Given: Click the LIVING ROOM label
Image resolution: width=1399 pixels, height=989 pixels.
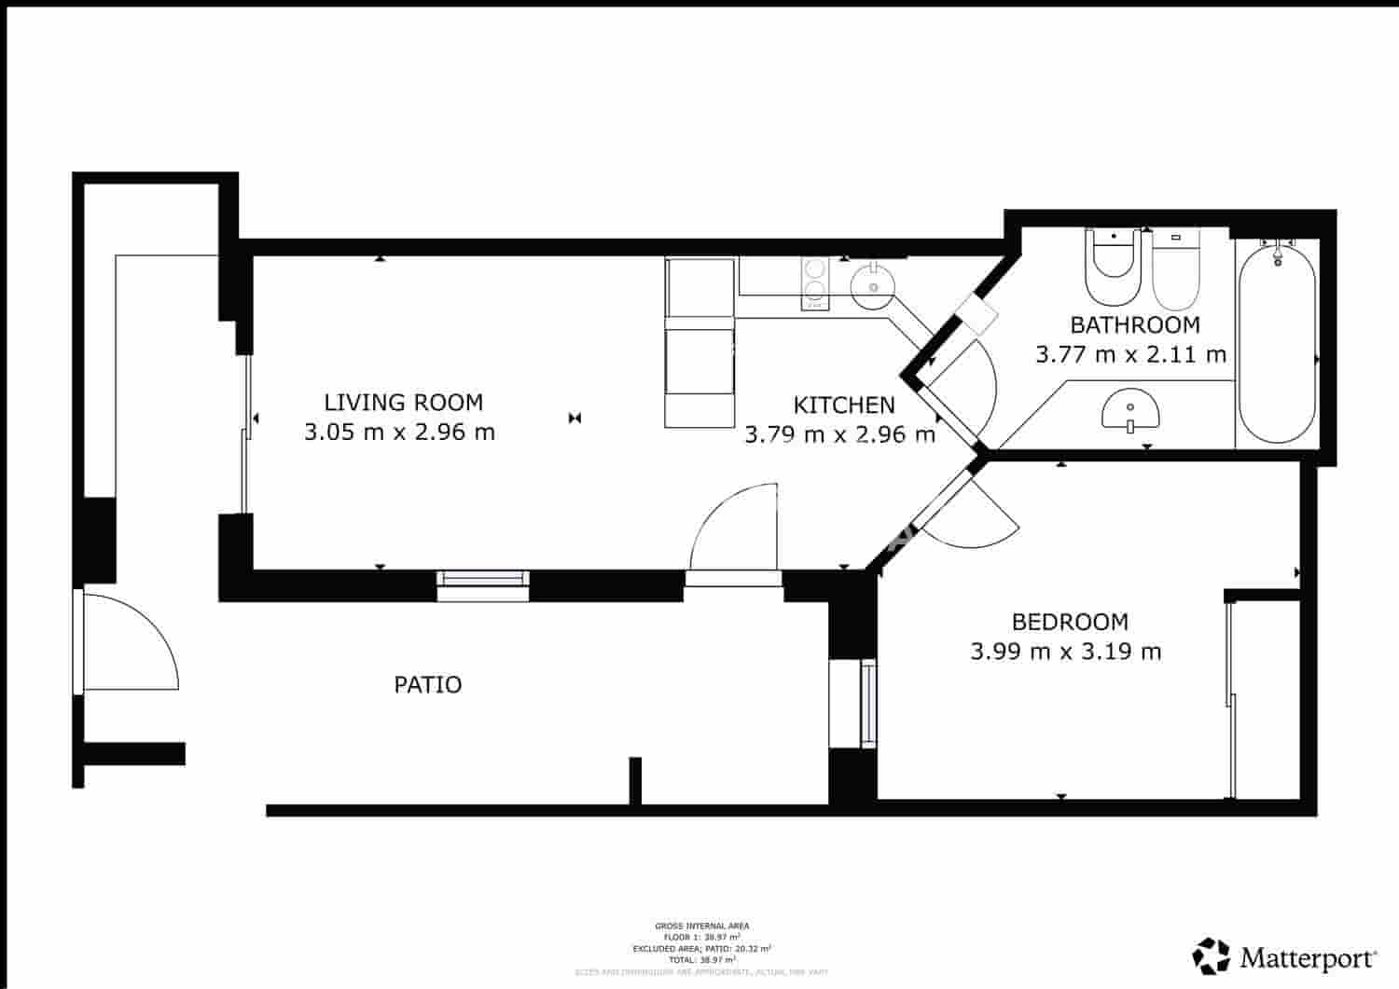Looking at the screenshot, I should click(x=403, y=403).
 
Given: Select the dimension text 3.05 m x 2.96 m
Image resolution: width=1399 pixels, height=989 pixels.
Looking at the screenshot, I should click(x=399, y=433).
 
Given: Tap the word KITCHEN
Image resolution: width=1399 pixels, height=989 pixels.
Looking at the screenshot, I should click(x=843, y=405).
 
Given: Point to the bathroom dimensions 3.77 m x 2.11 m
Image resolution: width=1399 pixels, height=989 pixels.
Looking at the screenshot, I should click(x=1130, y=355).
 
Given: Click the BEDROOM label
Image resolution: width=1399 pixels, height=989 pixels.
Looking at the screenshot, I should click(x=1070, y=622).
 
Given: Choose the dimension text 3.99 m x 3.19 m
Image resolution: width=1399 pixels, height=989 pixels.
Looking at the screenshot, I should click(x=1065, y=652).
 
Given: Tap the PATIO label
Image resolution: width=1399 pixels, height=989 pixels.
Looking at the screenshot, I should click(x=427, y=685).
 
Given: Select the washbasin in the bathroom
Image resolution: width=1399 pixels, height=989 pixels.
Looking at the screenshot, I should click(x=1130, y=411).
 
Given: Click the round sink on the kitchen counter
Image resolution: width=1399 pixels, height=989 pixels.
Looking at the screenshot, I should click(x=873, y=283).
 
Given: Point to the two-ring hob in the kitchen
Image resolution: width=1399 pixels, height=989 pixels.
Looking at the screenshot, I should click(x=815, y=282).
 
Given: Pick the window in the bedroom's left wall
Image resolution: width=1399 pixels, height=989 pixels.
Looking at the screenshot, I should click(x=868, y=703).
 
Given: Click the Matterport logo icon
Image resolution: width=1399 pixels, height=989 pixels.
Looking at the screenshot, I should click(x=1211, y=956).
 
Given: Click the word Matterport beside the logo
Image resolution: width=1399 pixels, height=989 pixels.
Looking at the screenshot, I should click(x=1309, y=957).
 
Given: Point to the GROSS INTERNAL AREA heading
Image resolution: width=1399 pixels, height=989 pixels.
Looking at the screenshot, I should click(x=701, y=926).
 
